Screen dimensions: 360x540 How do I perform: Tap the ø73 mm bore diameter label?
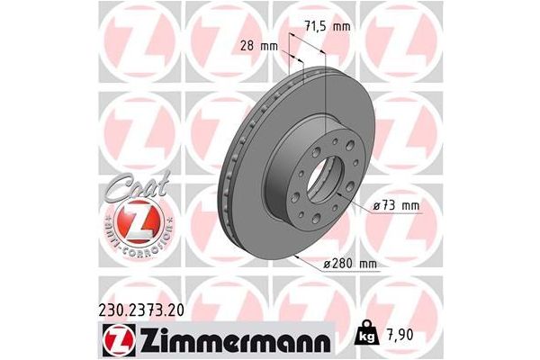(396, 207)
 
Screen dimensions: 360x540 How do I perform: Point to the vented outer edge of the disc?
(236, 171)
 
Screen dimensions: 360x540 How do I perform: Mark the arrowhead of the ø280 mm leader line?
(297, 257)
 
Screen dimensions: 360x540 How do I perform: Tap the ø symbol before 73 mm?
(375, 207)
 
